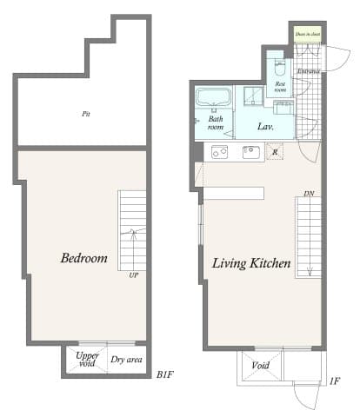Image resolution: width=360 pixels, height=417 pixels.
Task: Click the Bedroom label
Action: pos(83,258)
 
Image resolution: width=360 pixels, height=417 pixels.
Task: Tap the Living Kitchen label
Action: pos(250,262)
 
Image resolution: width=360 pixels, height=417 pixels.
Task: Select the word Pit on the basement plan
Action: pos(86,114)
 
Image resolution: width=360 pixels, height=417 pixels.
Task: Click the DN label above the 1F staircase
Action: pos(308,193)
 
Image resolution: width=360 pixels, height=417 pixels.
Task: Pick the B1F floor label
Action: pos(166,374)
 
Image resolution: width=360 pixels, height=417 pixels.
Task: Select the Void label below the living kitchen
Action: pos(260,366)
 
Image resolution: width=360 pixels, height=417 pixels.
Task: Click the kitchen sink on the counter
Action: pos(251,153)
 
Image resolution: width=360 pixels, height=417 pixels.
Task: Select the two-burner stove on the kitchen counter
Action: pos(219,152)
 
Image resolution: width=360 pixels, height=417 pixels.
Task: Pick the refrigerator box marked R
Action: pos(276,153)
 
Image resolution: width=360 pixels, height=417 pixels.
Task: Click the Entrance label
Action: pos(309,71)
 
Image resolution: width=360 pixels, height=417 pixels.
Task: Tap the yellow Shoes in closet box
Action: pos(307,35)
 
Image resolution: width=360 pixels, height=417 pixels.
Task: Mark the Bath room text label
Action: pos(215,122)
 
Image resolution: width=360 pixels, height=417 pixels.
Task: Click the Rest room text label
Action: pos(280,86)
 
